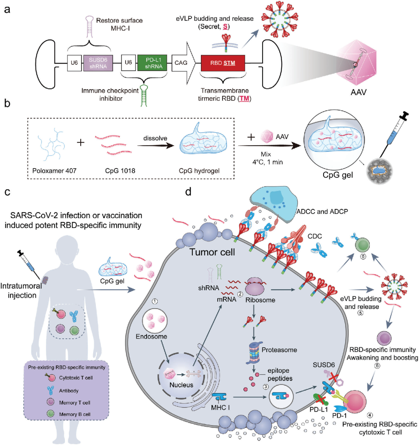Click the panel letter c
pyautogui.click(x=7, y=193)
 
